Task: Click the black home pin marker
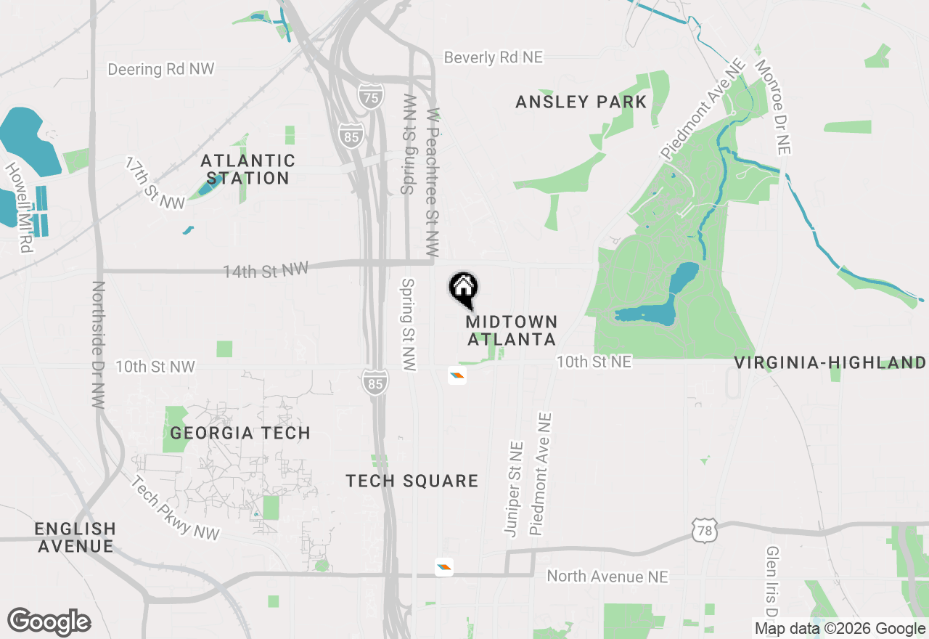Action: pyautogui.click(x=463, y=288)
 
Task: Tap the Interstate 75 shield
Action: pyautogui.click(x=370, y=97)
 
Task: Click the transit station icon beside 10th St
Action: pyautogui.click(x=457, y=375)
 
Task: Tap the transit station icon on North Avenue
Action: pyautogui.click(x=444, y=567)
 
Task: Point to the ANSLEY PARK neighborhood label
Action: pyautogui.click(x=581, y=102)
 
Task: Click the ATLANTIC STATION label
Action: pyautogui.click(x=247, y=169)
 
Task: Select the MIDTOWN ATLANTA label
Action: pyautogui.click(x=512, y=330)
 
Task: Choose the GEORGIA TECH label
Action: pyautogui.click(x=240, y=434)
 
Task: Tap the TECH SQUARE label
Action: pyautogui.click(x=412, y=481)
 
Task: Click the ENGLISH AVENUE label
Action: pyautogui.click(x=75, y=537)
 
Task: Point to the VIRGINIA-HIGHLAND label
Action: pyautogui.click(x=830, y=363)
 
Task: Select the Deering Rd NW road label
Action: pyautogui.click(x=161, y=69)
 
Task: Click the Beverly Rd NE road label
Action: pyautogui.click(x=493, y=57)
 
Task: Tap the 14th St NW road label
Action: pyautogui.click(x=266, y=270)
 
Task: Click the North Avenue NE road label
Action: pyautogui.click(x=607, y=577)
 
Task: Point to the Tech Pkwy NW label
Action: pyautogui.click(x=174, y=508)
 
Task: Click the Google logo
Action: pyautogui.click(x=49, y=622)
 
